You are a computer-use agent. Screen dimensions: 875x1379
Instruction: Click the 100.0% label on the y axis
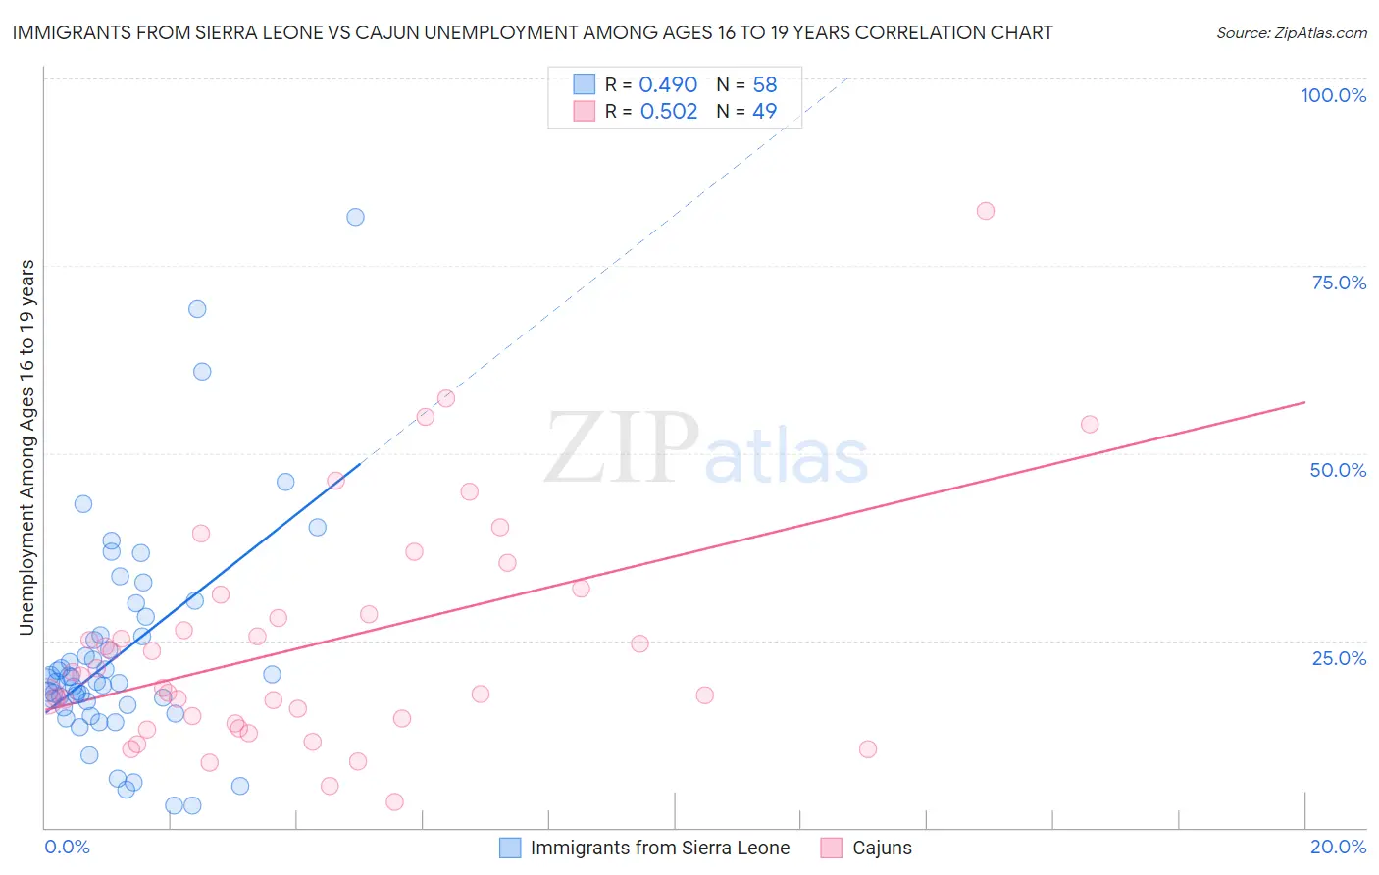(x=1333, y=95)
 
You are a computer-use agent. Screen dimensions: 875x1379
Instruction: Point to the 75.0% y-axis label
(x=1339, y=283)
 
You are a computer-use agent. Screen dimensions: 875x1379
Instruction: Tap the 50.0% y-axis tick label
(x=1338, y=470)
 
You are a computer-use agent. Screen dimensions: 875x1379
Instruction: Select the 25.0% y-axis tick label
(x=1339, y=658)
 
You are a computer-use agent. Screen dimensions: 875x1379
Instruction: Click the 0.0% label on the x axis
(x=67, y=847)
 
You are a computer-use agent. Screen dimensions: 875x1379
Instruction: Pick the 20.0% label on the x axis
(x=1338, y=847)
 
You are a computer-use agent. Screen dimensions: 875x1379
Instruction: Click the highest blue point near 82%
(x=355, y=217)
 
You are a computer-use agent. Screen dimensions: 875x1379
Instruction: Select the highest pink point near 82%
(x=986, y=211)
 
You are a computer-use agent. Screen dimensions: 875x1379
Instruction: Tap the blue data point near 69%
(x=197, y=309)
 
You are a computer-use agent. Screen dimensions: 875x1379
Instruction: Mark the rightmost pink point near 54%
(x=1090, y=425)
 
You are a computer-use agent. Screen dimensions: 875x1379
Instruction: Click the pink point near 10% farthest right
(x=867, y=749)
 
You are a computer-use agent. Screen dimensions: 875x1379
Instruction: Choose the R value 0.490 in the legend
(x=668, y=85)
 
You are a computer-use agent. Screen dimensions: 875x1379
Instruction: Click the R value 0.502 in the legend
(x=669, y=112)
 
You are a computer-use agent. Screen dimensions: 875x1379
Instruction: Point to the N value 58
(x=765, y=85)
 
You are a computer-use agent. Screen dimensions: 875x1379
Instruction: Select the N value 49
(x=765, y=112)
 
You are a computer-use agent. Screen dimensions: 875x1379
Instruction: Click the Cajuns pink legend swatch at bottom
(x=832, y=848)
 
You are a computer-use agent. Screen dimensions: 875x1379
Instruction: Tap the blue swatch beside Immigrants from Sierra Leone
(x=510, y=848)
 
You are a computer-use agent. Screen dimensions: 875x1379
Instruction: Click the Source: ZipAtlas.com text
(x=1291, y=33)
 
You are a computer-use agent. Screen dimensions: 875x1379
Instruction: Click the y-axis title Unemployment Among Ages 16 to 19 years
(x=27, y=447)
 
